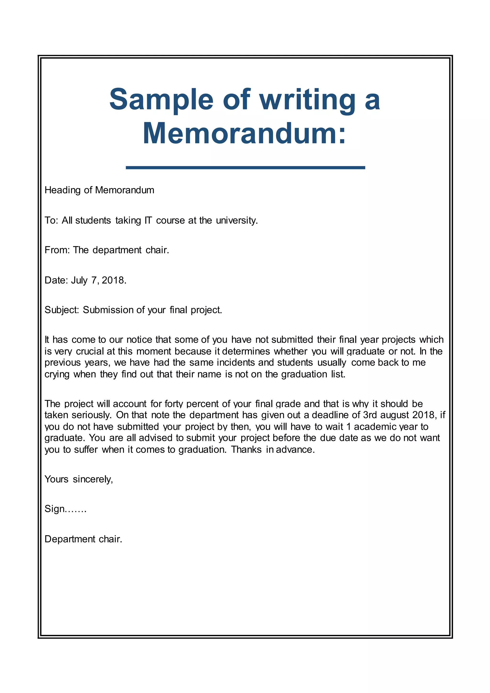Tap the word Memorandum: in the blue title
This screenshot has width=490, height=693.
point(244,134)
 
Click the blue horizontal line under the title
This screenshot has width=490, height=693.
point(245,168)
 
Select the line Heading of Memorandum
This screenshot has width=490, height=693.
point(99,190)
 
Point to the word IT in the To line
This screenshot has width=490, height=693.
point(148,220)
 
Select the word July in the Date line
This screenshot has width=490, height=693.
point(79,280)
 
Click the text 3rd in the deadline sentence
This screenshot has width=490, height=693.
point(370,415)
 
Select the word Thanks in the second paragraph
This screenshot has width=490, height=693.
point(246,449)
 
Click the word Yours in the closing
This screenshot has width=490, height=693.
point(56,479)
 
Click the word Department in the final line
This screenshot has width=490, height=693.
point(70,539)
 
